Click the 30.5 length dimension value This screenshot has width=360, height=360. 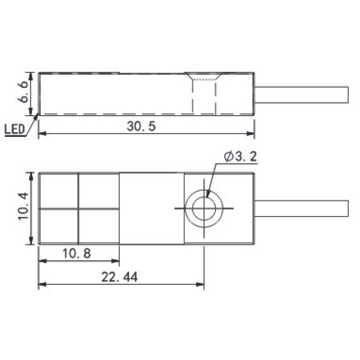(141, 127)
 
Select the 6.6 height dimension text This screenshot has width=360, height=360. (23, 92)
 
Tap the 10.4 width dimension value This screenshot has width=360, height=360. (23, 206)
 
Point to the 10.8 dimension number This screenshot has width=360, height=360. (77, 254)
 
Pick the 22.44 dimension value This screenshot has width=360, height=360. (119, 277)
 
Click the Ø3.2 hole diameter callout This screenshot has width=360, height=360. (240, 157)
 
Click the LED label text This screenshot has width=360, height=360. (14, 129)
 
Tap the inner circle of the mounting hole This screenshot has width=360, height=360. (204, 197)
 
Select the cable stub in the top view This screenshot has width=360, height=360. (301, 95)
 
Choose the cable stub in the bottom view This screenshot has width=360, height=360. (301, 208)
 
